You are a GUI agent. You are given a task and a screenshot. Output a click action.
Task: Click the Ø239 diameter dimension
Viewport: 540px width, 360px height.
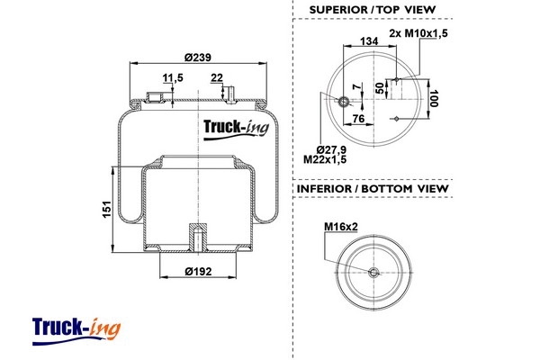[x=197, y=58]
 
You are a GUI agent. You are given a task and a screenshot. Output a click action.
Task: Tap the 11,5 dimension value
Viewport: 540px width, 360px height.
[x=173, y=78]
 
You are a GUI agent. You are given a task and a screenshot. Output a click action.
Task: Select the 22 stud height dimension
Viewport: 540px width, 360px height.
[x=217, y=78]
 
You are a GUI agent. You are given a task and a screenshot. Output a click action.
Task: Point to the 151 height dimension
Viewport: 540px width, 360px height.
[x=107, y=209]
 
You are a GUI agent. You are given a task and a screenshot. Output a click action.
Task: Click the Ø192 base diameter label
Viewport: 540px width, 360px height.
[x=198, y=272]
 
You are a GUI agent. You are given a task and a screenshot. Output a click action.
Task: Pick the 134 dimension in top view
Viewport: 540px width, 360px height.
[x=369, y=41]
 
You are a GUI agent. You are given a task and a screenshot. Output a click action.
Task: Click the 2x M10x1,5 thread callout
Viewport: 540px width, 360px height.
[x=418, y=33]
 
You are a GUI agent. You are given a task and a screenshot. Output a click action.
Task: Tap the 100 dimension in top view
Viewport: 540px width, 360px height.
[x=434, y=98]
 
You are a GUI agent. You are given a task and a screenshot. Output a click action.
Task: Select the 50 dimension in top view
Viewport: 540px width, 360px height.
[x=379, y=88]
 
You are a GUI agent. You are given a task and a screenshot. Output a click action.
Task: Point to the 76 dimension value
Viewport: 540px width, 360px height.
[x=358, y=119]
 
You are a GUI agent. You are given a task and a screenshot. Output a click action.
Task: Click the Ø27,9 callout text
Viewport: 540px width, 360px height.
[x=331, y=150]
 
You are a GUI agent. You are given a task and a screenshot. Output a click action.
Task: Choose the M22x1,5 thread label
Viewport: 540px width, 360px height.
[x=325, y=159]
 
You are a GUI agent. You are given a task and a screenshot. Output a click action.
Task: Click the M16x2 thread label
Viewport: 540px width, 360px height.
[x=341, y=227]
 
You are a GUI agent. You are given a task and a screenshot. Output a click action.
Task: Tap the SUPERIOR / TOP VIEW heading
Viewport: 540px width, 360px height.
[x=373, y=10]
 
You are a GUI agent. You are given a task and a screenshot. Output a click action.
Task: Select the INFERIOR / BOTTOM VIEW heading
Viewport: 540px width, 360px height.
[x=373, y=189]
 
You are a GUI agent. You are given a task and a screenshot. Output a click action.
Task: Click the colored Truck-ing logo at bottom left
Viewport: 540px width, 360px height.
[x=76, y=331]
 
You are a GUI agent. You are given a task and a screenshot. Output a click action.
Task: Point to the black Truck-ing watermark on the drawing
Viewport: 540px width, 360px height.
[x=236, y=130]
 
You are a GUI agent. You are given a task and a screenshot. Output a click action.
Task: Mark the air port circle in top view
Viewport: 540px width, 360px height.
[x=344, y=102]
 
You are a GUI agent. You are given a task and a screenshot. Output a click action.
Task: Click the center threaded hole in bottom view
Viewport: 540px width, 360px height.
[x=373, y=273]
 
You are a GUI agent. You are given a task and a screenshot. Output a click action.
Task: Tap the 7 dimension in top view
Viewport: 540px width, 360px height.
[x=359, y=86]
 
